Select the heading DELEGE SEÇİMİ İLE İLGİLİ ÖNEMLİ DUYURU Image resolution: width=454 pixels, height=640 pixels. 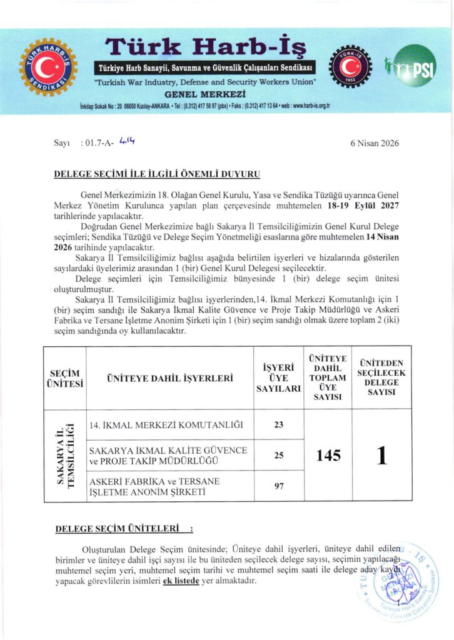pos(157,174)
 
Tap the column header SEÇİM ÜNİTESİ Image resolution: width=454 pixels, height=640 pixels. pos(64,378)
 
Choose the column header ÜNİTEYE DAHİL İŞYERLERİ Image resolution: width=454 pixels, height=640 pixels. pos(169,378)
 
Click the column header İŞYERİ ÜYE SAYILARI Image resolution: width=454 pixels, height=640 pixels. pos(278,378)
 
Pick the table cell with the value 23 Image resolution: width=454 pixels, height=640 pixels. pos(278,425)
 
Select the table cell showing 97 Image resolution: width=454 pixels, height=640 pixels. pos(278,486)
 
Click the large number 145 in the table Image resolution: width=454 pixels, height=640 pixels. pos(328,456)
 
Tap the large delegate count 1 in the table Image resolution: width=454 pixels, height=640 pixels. pos(381,456)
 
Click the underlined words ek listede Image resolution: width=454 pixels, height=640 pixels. pos(181,581)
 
